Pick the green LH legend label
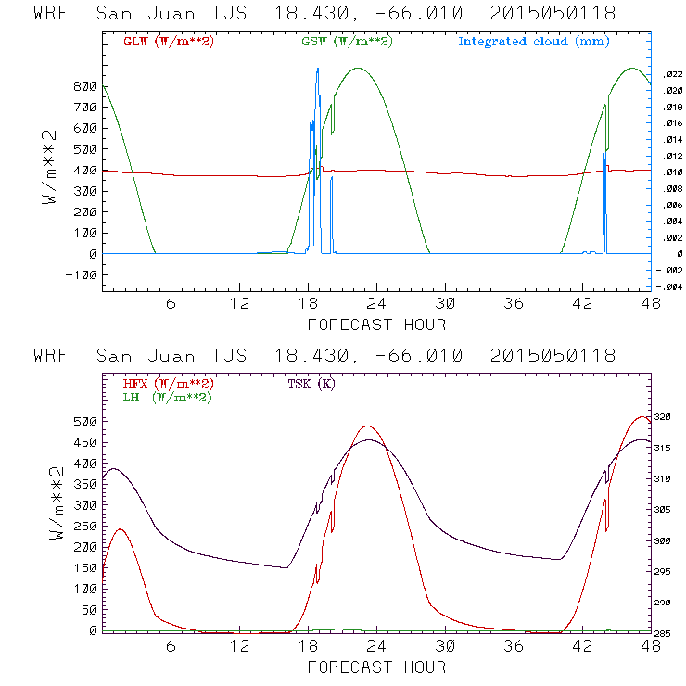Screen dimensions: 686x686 point(166,397)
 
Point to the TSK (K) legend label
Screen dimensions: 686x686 point(311,384)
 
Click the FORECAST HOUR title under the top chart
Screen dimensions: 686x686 point(376,324)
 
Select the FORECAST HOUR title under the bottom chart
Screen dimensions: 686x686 point(376,667)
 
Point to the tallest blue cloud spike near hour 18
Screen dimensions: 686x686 point(318,70)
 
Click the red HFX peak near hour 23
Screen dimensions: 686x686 point(368,426)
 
